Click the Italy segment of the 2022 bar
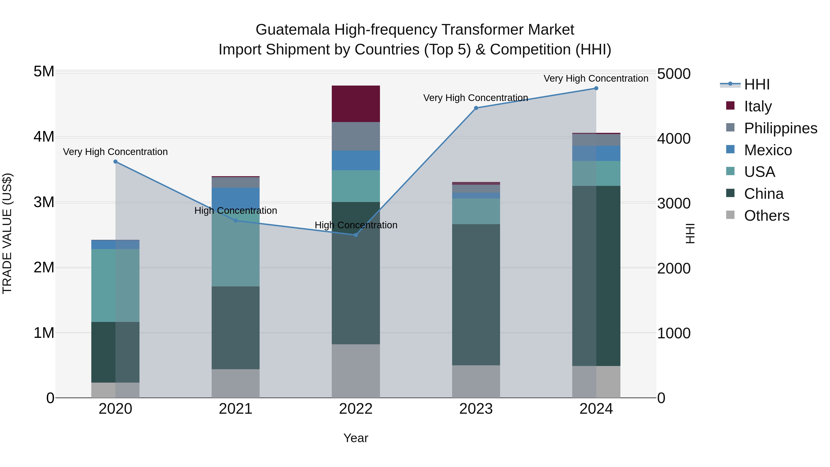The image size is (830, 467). coord(356,104)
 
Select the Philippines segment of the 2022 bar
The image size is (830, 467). coord(356,136)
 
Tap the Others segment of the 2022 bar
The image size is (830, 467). coord(356,371)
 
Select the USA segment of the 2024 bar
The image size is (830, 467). coord(596,173)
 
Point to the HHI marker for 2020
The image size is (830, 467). coord(115,161)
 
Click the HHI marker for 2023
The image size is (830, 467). coord(476,108)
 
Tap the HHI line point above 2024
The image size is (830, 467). coord(596,88)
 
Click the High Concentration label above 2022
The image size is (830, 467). coord(356,225)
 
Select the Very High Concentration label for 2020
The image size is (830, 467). coord(115,152)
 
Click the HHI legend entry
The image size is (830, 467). coord(756,84)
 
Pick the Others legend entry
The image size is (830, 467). coord(766,216)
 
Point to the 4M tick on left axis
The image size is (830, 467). coord(44,137)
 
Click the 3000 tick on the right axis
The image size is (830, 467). coord(673,203)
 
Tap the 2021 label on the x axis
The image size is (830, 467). coord(236,409)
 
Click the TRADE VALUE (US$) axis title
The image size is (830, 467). coord(7,233)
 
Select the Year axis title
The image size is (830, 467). coord(356,438)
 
